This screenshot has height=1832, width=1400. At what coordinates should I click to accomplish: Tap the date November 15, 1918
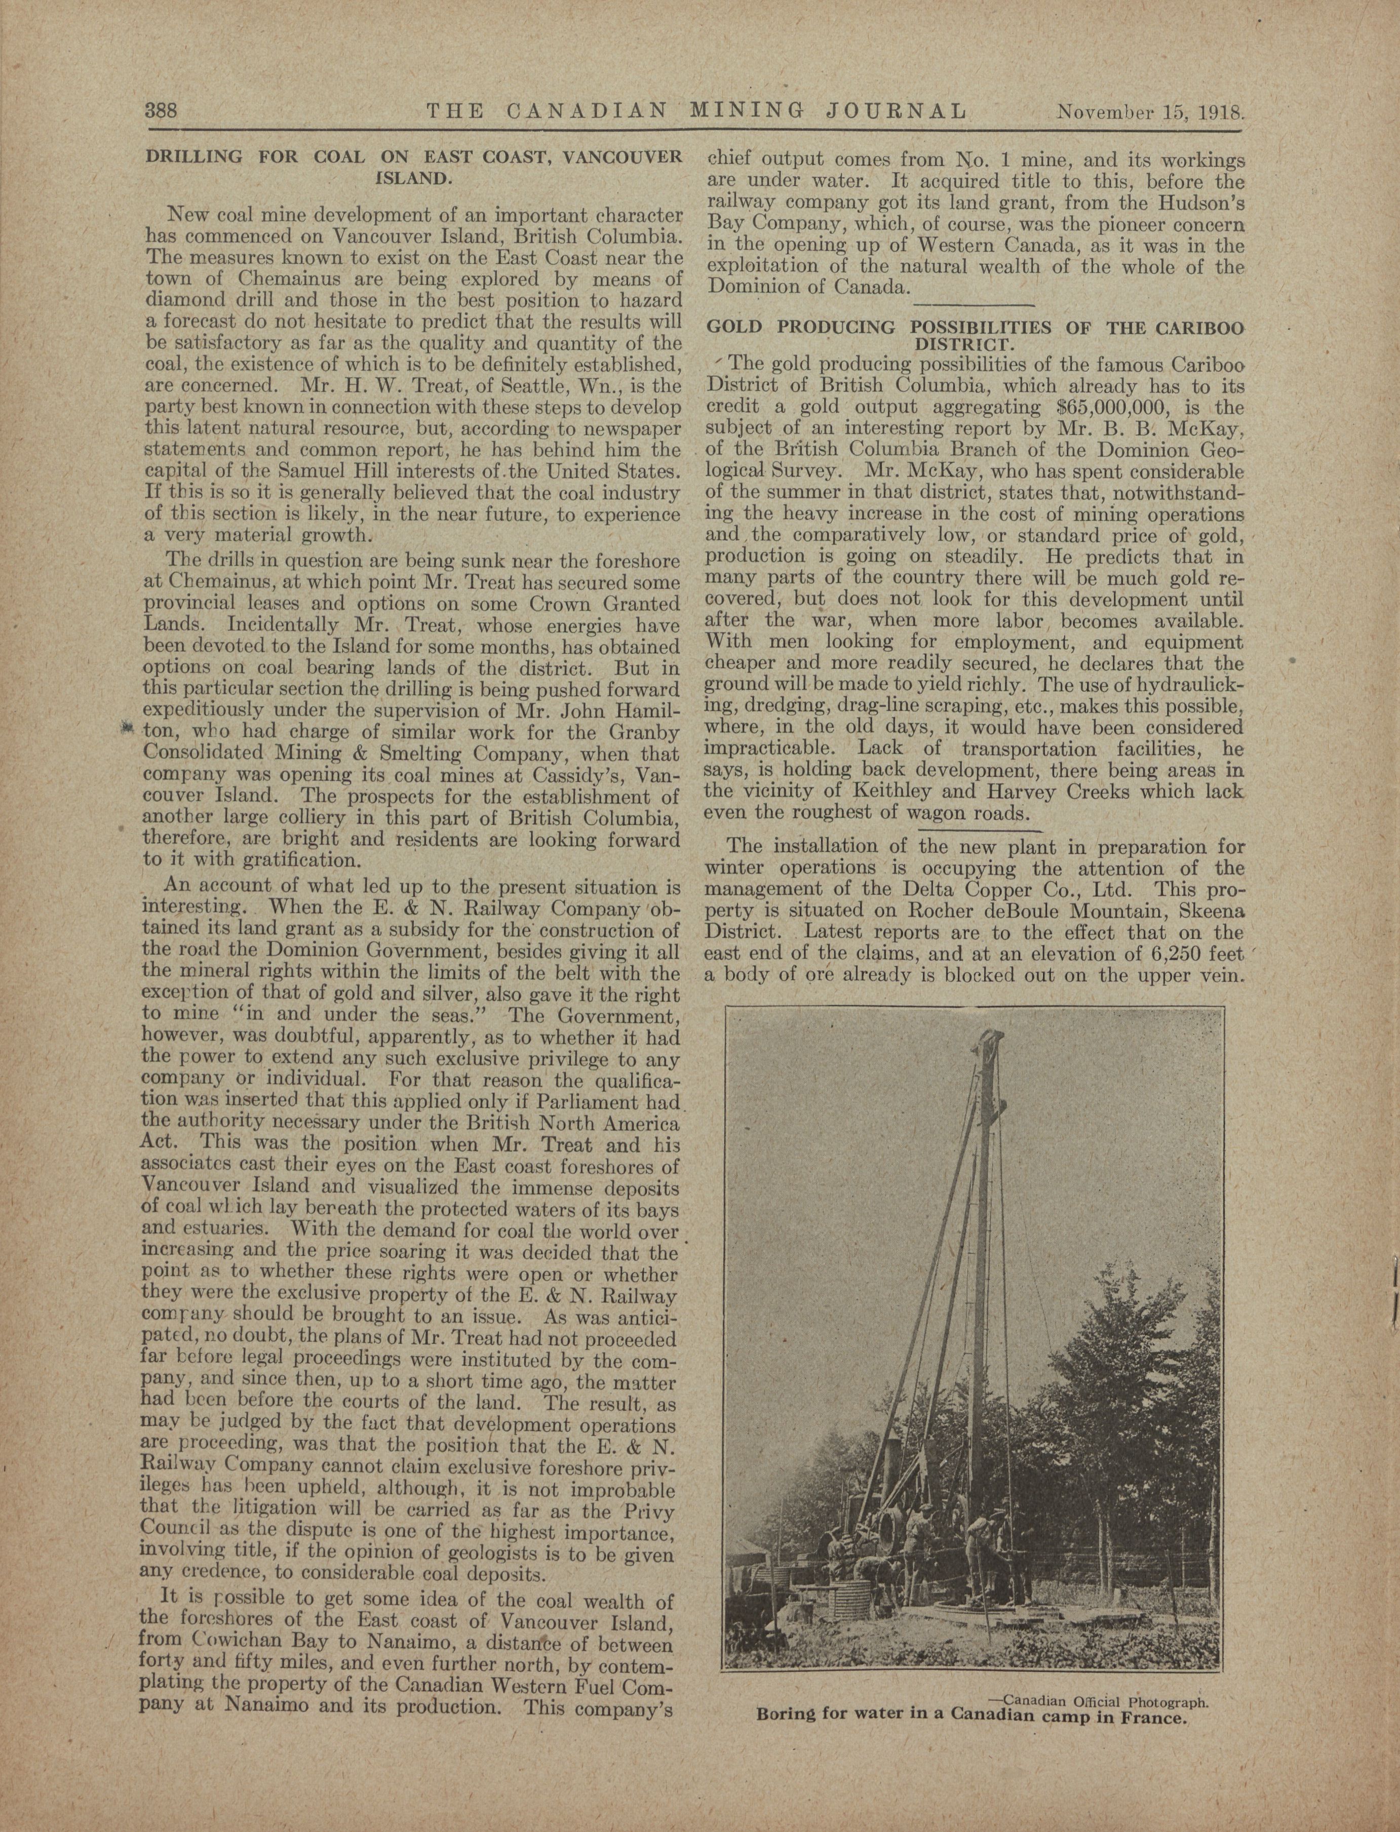(1150, 111)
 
